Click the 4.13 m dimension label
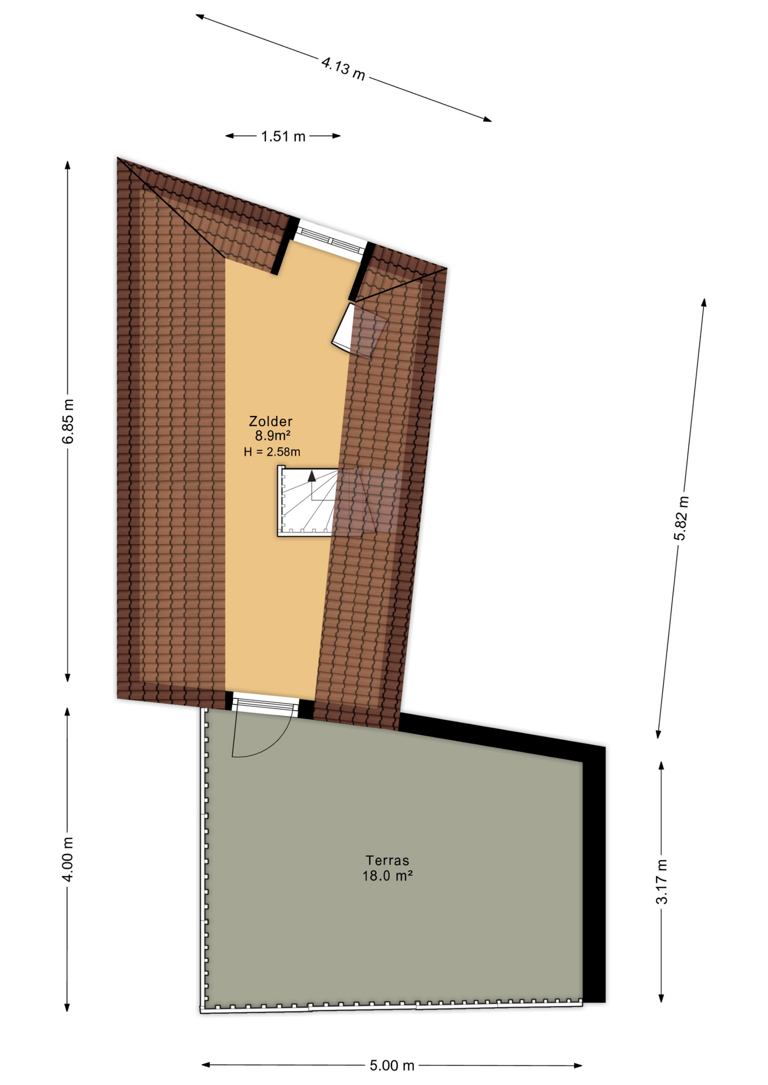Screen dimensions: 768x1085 click(x=343, y=68)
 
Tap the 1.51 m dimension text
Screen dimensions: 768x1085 click(x=283, y=136)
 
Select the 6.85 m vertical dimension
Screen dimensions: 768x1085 click(x=68, y=421)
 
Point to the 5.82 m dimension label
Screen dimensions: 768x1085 click(x=681, y=518)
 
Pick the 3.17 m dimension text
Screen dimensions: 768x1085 click(x=662, y=882)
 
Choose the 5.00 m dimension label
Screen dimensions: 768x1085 click(x=392, y=1066)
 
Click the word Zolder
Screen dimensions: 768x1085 click(x=271, y=421)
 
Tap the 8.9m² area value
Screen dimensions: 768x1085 click(x=273, y=436)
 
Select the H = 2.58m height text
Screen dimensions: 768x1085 click(x=272, y=452)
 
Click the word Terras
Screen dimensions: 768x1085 click(x=387, y=861)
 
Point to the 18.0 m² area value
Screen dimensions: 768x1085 click(x=387, y=876)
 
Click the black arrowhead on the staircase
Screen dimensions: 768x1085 click(x=312, y=475)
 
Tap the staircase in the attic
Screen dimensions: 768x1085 click(x=307, y=501)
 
